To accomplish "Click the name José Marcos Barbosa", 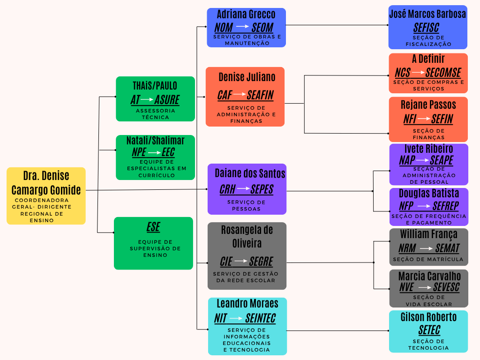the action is click(x=427, y=14).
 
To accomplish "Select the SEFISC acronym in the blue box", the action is click(x=426, y=28).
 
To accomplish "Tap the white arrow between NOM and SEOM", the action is click(x=242, y=27).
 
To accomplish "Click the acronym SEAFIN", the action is click(x=260, y=95).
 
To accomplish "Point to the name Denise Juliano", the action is click(x=247, y=77).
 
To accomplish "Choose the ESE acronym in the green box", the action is click(x=153, y=227).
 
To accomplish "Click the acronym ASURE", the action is click(x=167, y=99).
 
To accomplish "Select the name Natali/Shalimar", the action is click(x=155, y=141).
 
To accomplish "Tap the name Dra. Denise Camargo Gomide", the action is click(x=46, y=183).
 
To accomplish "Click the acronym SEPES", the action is click(x=262, y=189).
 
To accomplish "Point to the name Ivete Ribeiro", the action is click(x=428, y=149).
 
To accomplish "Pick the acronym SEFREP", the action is click(x=445, y=206).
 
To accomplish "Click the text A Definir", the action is click(x=428, y=59).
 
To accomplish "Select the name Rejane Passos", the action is click(x=428, y=105).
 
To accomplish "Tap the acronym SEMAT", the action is click(x=447, y=248).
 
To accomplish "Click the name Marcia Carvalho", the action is click(x=429, y=276).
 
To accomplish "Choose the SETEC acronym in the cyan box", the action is click(x=429, y=330).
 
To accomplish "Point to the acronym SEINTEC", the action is click(x=260, y=318).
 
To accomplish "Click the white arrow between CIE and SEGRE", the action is click(x=240, y=261).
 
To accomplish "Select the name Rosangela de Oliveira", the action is click(x=247, y=237).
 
